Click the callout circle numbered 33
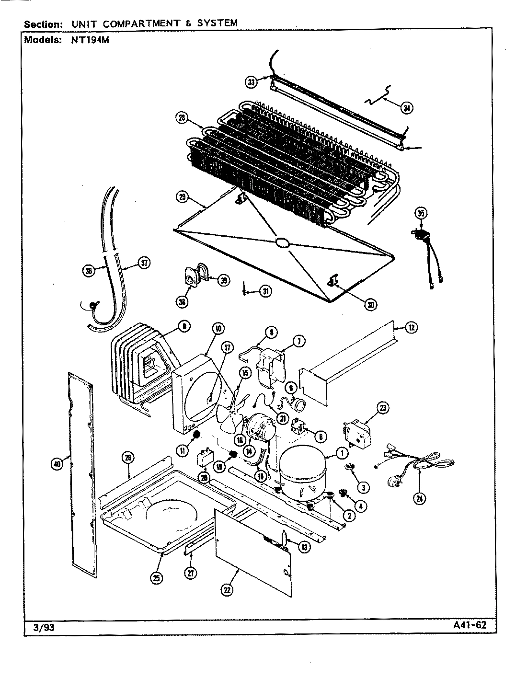point(251,82)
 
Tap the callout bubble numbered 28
point(181,119)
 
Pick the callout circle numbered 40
point(56,464)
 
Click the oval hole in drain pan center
point(282,243)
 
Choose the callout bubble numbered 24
point(420,498)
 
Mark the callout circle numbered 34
point(406,108)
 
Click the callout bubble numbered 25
point(157,578)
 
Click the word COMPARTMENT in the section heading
point(136,23)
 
